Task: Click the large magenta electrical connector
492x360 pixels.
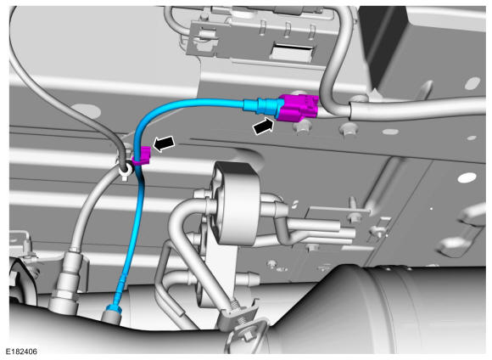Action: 298,107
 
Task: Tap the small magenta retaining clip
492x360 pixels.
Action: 142,156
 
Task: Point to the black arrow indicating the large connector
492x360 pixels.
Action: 263,126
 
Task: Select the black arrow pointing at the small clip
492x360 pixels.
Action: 164,143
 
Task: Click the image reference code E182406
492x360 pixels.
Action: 21,352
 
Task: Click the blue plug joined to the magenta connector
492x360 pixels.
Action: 260,105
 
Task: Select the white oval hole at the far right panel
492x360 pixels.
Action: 467,177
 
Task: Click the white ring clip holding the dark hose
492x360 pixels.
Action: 126,171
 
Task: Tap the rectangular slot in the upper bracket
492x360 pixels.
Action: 293,51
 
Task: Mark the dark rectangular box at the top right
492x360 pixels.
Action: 427,47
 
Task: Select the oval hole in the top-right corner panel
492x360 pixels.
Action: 472,83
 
